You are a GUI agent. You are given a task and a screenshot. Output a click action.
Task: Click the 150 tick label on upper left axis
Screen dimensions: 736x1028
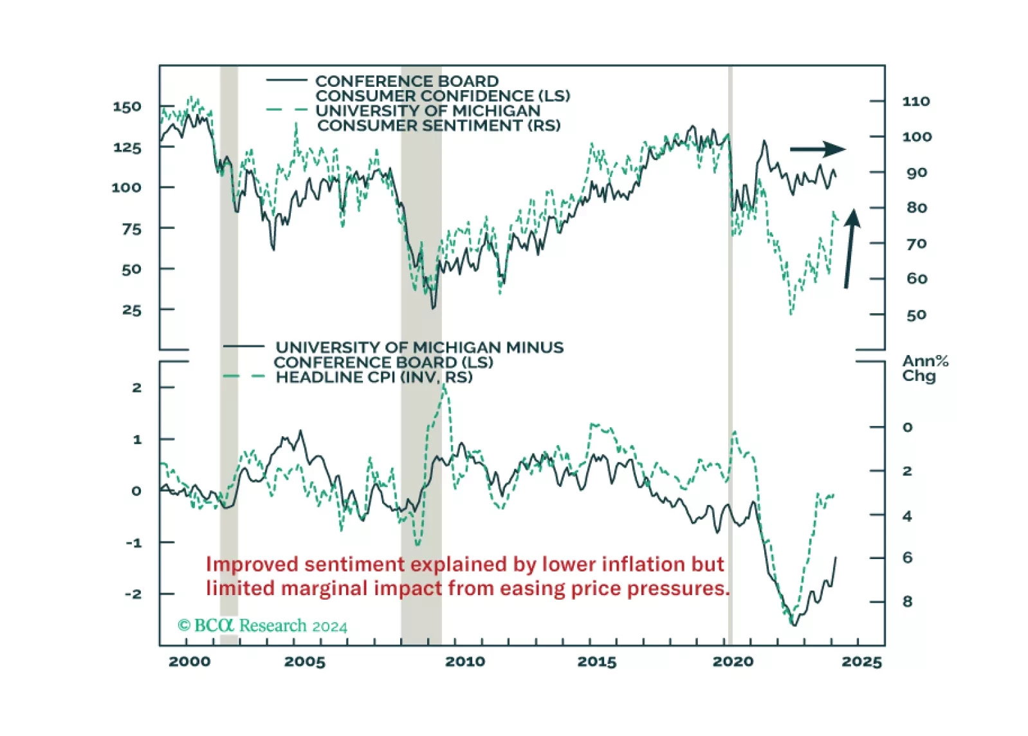(x=127, y=107)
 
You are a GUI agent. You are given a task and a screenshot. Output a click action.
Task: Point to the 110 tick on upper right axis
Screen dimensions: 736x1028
(x=916, y=102)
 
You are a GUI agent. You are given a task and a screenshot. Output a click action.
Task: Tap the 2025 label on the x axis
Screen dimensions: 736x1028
(x=861, y=662)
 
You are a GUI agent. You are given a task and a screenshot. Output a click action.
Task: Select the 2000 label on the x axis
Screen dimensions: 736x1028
(x=189, y=662)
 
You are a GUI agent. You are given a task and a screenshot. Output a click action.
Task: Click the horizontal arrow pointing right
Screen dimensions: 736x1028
(x=818, y=149)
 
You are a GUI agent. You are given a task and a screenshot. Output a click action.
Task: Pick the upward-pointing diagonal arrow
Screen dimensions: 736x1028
(x=850, y=248)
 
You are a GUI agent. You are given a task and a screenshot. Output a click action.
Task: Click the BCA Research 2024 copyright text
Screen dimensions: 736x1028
(x=262, y=626)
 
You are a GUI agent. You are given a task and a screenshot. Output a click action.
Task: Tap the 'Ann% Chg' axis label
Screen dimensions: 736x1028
(x=924, y=369)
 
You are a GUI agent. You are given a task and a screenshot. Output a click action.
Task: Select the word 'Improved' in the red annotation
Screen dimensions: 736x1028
(x=252, y=564)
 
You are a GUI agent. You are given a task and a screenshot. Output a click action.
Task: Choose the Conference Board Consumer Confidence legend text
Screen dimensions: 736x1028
(x=443, y=89)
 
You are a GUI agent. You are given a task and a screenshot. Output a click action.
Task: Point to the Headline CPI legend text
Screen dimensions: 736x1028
(x=374, y=378)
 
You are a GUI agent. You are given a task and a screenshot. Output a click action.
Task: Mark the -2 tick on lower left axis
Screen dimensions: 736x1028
(x=133, y=594)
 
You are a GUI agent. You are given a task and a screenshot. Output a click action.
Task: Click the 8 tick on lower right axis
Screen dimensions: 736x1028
(x=907, y=602)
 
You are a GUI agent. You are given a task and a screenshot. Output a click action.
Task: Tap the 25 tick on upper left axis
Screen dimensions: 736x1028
(x=131, y=310)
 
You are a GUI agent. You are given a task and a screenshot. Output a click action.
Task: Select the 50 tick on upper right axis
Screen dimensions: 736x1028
(x=916, y=315)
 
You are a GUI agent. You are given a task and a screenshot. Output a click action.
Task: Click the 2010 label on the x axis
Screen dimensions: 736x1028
(x=464, y=662)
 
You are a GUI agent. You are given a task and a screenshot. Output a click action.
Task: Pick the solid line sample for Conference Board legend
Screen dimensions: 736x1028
(x=287, y=80)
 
